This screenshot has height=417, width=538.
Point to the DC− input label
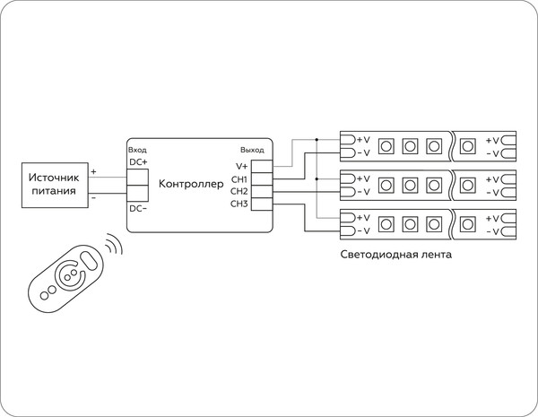coord(138,208)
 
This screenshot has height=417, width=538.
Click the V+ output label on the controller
coord(241,166)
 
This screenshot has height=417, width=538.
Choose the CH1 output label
coord(239,179)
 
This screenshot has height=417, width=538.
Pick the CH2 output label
coord(239,191)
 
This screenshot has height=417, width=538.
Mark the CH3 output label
coord(239,204)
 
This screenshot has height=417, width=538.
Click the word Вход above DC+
coord(137,150)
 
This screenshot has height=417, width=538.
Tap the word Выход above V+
coord(252,150)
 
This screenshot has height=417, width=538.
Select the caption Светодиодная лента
coord(395,254)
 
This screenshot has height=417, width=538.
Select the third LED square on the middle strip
coord(435,186)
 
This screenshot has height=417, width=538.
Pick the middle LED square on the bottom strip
coord(410,224)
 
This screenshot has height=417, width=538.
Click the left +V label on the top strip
coord(362,140)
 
